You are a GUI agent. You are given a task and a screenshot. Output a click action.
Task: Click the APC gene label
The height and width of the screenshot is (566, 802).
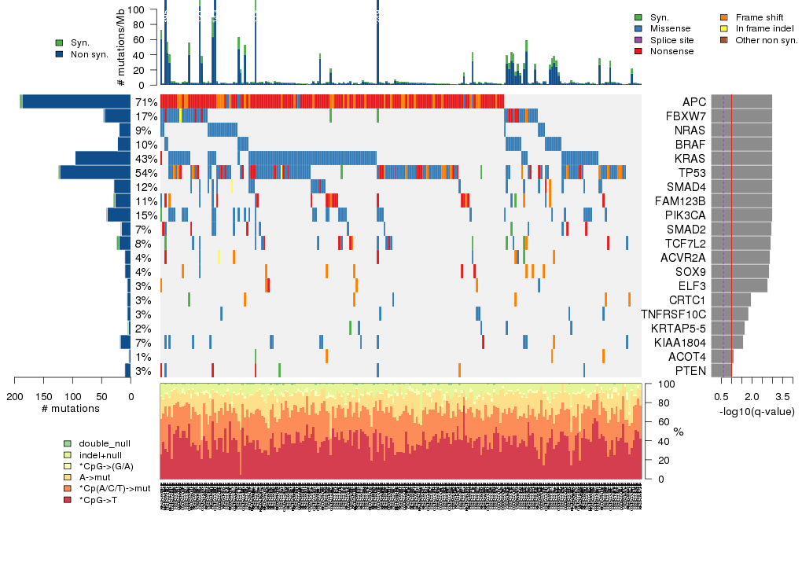(x=694, y=102)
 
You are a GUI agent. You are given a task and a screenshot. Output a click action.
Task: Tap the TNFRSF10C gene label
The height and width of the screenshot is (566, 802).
(x=673, y=314)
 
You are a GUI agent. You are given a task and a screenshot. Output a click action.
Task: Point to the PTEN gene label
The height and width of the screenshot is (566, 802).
(x=692, y=371)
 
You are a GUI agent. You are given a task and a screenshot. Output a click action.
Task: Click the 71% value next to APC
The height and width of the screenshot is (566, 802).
(x=146, y=102)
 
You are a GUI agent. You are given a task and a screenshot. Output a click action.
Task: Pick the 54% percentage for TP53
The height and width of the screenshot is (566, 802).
(x=146, y=173)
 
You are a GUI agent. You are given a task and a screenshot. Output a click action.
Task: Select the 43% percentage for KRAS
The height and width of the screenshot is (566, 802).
(x=146, y=159)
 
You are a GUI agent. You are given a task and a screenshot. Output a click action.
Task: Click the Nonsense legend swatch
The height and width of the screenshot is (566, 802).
(x=638, y=51)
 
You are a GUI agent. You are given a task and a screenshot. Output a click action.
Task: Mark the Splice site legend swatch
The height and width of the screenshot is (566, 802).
(x=638, y=40)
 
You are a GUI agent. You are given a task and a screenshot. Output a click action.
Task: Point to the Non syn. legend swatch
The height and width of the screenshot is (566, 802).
(x=60, y=54)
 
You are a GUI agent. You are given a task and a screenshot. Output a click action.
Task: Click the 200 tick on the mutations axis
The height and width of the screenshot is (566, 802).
(x=15, y=396)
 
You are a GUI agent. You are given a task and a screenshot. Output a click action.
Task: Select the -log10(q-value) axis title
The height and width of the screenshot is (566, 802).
(x=756, y=412)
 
